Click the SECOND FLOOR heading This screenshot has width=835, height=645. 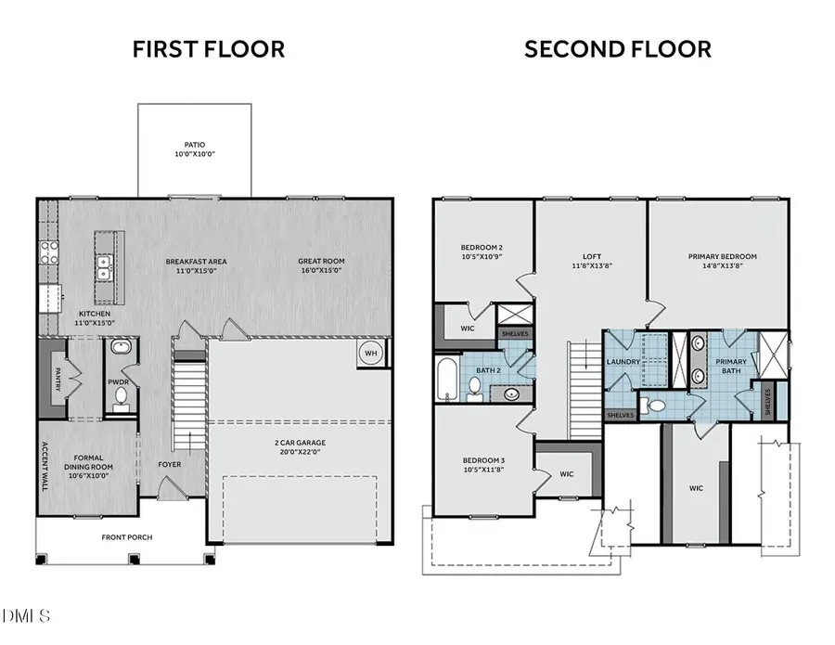click(x=618, y=49)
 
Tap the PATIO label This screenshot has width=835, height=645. click(x=194, y=145)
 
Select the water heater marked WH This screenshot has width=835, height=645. click(x=370, y=354)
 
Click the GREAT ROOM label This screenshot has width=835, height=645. click(x=321, y=262)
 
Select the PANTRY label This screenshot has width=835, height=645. click(x=57, y=381)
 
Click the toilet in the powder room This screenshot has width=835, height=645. click(x=120, y=397)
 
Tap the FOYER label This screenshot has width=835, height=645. click(x=169, y=464)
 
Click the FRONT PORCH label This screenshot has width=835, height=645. click(x=127, y=537)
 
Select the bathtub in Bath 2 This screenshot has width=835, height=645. click(x=448, y=381)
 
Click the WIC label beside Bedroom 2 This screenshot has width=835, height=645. click(x=468, y=329)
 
